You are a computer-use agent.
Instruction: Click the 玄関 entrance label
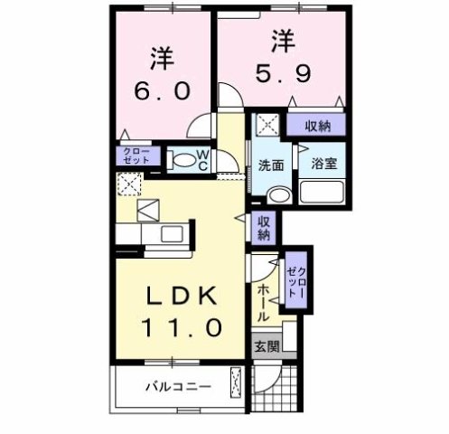[267, 346]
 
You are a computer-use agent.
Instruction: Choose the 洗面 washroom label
[271, 165]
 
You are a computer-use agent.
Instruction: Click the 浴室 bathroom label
[325, 165]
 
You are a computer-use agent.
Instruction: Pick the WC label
[204, 162]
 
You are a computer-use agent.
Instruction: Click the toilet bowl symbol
[183, 162]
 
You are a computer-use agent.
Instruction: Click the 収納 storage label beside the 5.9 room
[317, 126]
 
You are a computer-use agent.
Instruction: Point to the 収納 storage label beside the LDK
[264, 228]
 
